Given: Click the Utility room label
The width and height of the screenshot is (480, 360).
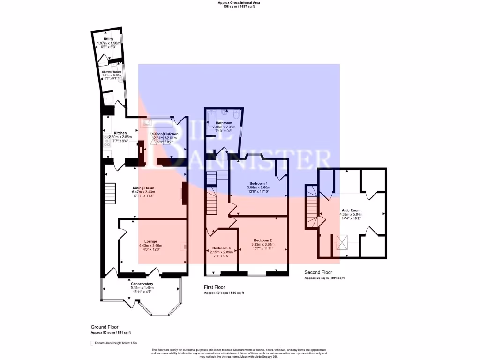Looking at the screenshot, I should tap(108, 39).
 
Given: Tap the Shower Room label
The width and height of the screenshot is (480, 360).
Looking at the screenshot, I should tap(112, 72).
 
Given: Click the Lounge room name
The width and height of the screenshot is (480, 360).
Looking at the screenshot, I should tap(150, 241).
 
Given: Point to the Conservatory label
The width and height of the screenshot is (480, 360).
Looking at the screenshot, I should tap(142, 284).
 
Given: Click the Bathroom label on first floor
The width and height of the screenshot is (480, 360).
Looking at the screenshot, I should tap(224, 123).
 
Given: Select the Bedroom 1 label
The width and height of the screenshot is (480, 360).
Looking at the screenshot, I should tap(258, 183).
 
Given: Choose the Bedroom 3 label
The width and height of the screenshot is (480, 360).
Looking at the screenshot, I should tap(221, 247).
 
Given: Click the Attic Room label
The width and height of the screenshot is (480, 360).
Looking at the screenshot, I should tap(351, 211).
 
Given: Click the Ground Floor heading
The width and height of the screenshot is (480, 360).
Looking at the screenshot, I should tap(105, 327).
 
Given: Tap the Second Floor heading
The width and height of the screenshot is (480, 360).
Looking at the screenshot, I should tap(318, 272).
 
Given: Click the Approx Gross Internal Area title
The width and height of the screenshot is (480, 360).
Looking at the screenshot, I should tap(239, 3).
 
